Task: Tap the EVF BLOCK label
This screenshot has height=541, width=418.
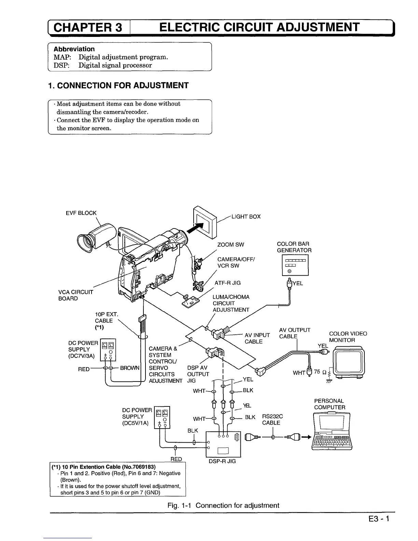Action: [81, 213]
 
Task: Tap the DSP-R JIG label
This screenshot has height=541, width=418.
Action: [222, 461]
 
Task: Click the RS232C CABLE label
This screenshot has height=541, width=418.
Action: [272, 420]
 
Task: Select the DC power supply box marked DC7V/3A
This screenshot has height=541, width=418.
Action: [108, 350]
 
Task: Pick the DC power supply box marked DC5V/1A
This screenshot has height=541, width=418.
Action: [162, 417]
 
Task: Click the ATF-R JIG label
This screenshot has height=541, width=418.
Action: [227, 283]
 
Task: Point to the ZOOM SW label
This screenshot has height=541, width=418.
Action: [231, 245]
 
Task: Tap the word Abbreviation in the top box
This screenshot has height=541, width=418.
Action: [74, 49]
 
